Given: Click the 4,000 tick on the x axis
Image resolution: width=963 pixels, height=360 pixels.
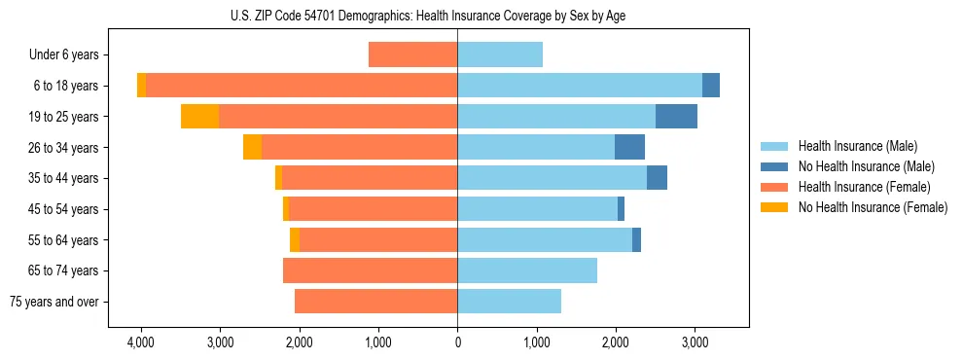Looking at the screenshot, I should pos(141,342).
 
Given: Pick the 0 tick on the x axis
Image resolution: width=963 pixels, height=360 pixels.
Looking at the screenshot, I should pos(457,342).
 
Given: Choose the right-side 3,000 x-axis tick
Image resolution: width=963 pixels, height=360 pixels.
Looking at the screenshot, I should pos(694,342).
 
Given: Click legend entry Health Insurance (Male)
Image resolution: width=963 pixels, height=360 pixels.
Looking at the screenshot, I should pos(856,146).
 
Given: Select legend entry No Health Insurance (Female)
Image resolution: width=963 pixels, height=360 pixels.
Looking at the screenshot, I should pos(873,207).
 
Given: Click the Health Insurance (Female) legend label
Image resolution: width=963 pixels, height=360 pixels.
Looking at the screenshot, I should pos(864,187).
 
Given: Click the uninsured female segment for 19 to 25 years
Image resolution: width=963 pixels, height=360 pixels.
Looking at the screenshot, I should pos(200,117).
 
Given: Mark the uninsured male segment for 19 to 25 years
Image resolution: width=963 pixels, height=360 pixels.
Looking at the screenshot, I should pos(676,117).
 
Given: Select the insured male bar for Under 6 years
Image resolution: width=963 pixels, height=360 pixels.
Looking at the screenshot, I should pos(500,55).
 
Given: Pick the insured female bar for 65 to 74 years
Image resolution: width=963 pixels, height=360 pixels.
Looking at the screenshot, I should pos(371,270).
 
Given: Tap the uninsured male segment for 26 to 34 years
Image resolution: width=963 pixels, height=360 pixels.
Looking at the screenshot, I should pos(629,148).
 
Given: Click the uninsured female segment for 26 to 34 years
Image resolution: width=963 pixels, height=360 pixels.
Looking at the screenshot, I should pos(253,148).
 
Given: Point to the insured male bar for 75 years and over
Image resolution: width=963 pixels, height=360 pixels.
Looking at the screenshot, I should pos(509,302).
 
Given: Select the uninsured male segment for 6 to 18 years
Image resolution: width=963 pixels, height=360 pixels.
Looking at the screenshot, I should pos(711,86).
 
